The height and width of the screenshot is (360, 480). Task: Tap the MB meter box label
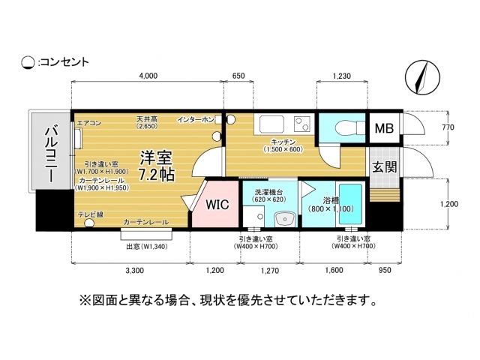[x=384, y=129]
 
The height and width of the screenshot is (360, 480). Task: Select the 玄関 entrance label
[x=384, y=166]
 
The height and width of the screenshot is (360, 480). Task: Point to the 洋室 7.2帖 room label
[x=157, y=166]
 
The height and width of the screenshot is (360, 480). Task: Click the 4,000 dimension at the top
[x=148, y=76]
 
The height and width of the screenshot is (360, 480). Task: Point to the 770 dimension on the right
[x=448, y=127]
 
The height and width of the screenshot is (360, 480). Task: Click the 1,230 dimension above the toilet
[x=341, y=76]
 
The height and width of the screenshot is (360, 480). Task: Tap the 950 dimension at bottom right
[x=385, y=269]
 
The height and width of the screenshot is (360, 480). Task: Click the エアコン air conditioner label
[x=88, y=122]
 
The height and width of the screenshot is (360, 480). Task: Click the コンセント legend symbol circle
[x=28, y=62]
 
